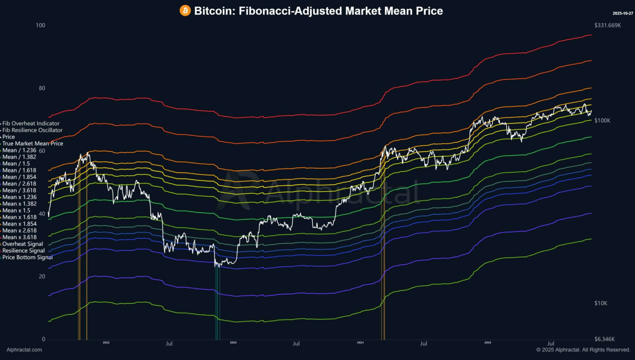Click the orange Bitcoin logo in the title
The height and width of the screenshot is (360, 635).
185,11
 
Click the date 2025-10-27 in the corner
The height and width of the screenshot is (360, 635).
623,13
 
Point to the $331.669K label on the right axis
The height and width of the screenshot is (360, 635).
607,25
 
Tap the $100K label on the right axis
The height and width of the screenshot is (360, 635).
602,121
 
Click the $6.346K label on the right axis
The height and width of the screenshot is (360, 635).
604,339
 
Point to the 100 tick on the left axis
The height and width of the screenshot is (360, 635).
41,25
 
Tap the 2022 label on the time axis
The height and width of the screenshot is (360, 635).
106,343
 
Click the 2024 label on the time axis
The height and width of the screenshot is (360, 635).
360,343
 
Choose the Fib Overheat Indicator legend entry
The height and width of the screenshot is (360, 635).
31,123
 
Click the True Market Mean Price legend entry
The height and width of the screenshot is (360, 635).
32,143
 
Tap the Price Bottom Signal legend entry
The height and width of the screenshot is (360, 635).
27,257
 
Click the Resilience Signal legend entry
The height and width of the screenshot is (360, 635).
24,250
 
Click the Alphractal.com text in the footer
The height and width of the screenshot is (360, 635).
24,350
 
